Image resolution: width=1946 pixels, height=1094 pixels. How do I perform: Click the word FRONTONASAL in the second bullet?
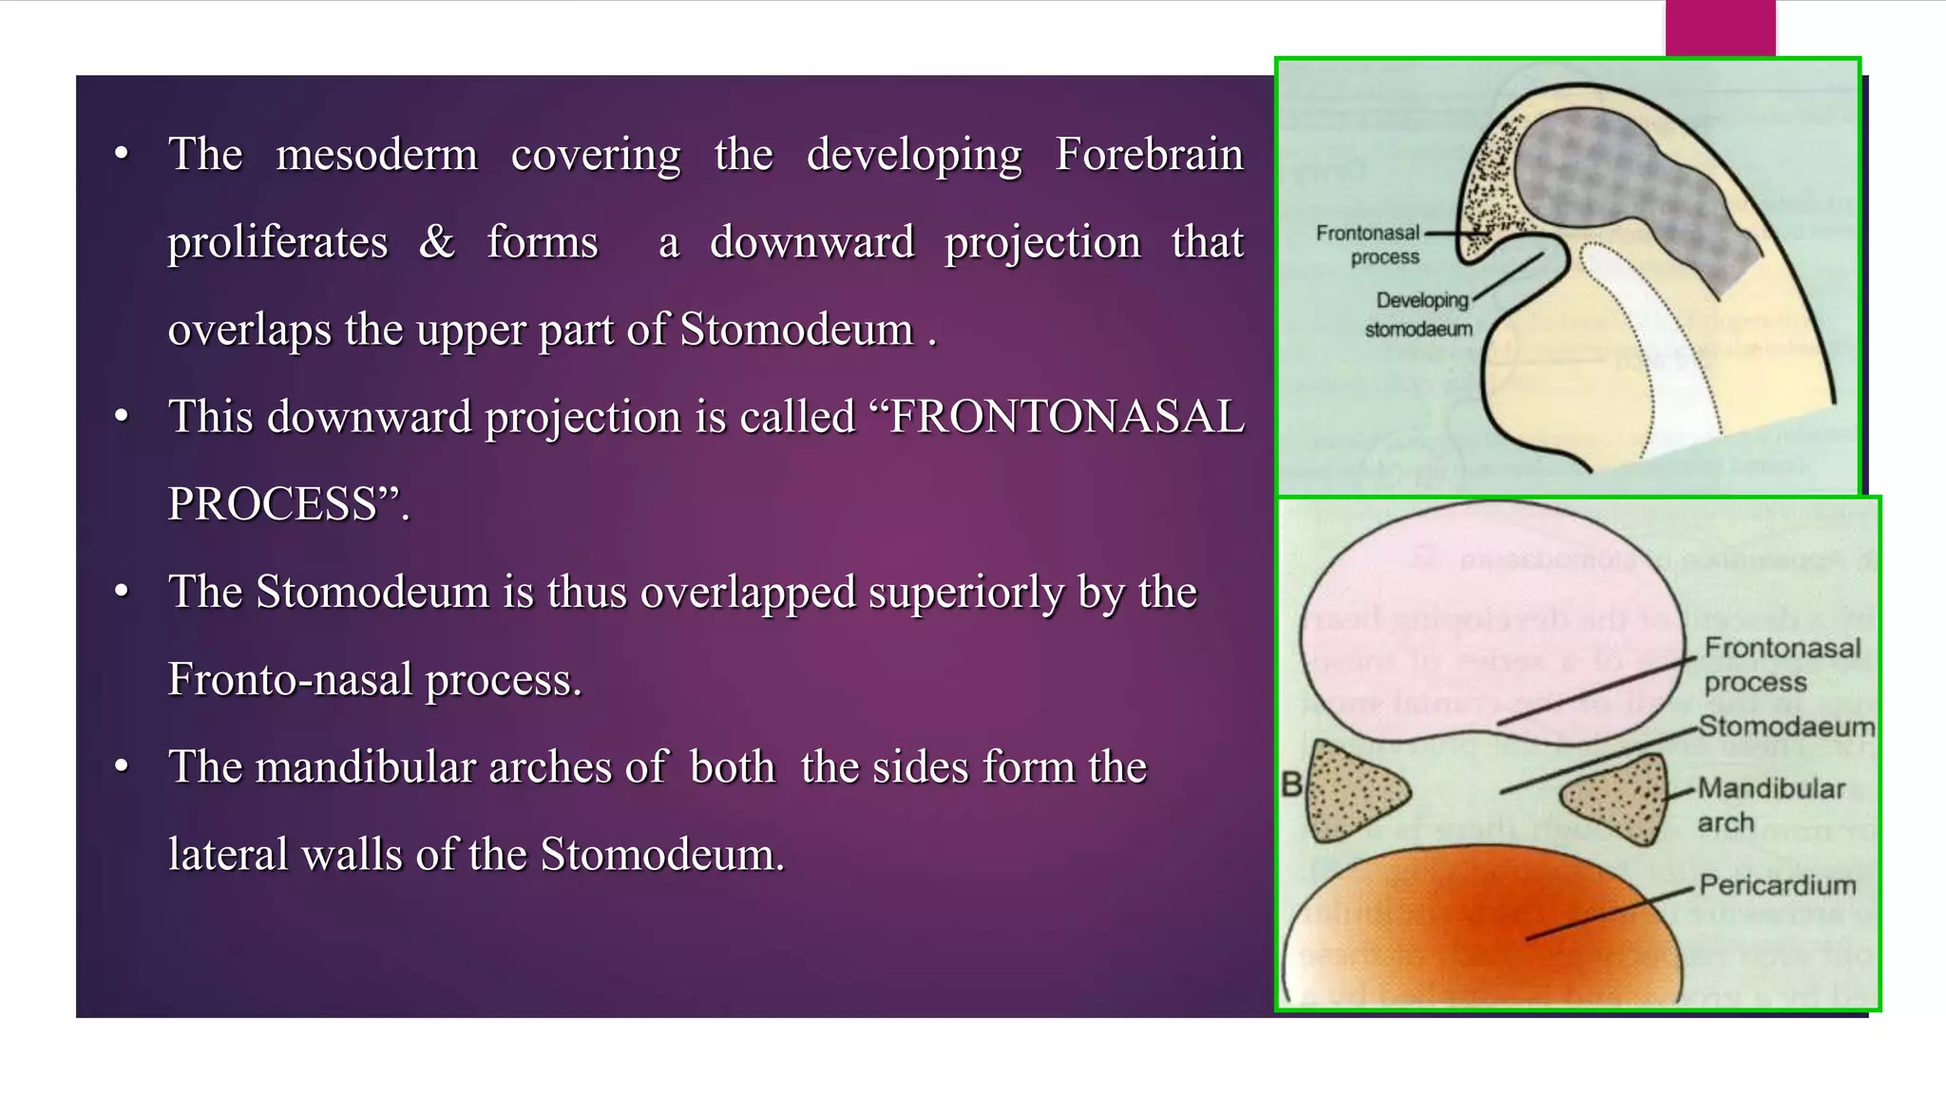[x=1066, y=418]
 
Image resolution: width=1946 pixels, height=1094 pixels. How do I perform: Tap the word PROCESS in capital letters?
[x=273, y=504]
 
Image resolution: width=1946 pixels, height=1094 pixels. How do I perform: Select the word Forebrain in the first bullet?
[x=1149, y=155]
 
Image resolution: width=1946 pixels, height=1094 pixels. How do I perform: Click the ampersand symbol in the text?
[x=436, y=241]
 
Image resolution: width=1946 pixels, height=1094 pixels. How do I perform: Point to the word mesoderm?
[x=376, y=155]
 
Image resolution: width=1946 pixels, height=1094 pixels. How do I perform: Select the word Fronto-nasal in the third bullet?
[x=290, y=680]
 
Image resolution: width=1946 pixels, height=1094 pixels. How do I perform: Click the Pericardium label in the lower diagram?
[x=1777, y=885]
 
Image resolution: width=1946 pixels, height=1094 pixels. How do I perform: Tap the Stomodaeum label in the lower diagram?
[x=1786, y=726]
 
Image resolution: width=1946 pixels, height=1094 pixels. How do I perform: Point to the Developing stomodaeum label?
[x=1420, y=314]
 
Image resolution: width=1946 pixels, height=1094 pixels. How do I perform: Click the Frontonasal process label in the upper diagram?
[x=1368, y=245]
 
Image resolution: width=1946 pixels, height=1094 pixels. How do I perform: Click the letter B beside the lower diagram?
[x=1292, y=785]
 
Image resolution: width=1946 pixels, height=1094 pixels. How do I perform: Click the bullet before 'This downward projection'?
[x=121, y=416]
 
